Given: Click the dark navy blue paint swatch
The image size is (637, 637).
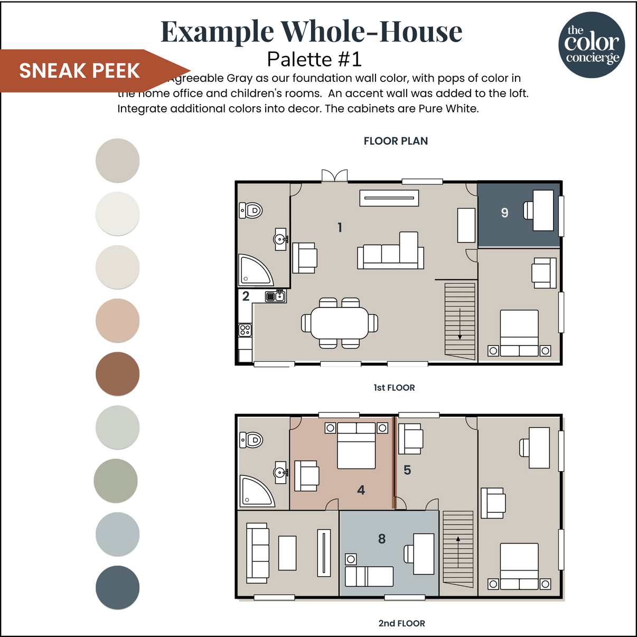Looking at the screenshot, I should coord(117,587).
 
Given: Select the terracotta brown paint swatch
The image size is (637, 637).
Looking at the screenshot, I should coord(117,373).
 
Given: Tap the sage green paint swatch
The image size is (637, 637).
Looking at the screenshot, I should coord(116,481).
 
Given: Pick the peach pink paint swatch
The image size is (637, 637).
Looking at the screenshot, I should coord(117,320).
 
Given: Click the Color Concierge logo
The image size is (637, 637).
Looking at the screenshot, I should coord(592,45).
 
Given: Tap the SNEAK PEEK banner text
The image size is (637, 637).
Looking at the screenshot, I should coord(79,71).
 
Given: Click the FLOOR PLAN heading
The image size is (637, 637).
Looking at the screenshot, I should coord(396,141).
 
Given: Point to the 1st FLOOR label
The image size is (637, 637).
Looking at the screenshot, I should coord(394,388).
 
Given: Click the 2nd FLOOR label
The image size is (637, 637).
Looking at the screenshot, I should coord(401,623).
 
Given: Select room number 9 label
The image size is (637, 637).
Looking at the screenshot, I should coord(504,213).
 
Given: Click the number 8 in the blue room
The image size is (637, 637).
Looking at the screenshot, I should coord(382,539).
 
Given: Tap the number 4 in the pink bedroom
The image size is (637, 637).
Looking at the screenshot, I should coord(361,490).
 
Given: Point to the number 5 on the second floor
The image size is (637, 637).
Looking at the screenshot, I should coord(407,470).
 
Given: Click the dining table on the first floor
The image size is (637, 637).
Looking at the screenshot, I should coord(339,323).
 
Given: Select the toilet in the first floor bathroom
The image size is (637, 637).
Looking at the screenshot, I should coord(251,210).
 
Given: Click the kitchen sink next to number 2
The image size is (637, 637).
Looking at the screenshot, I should coord(275,296).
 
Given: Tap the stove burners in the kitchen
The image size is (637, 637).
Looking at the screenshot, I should coord(245,330).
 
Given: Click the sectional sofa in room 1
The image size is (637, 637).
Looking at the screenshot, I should coord(391,252).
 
